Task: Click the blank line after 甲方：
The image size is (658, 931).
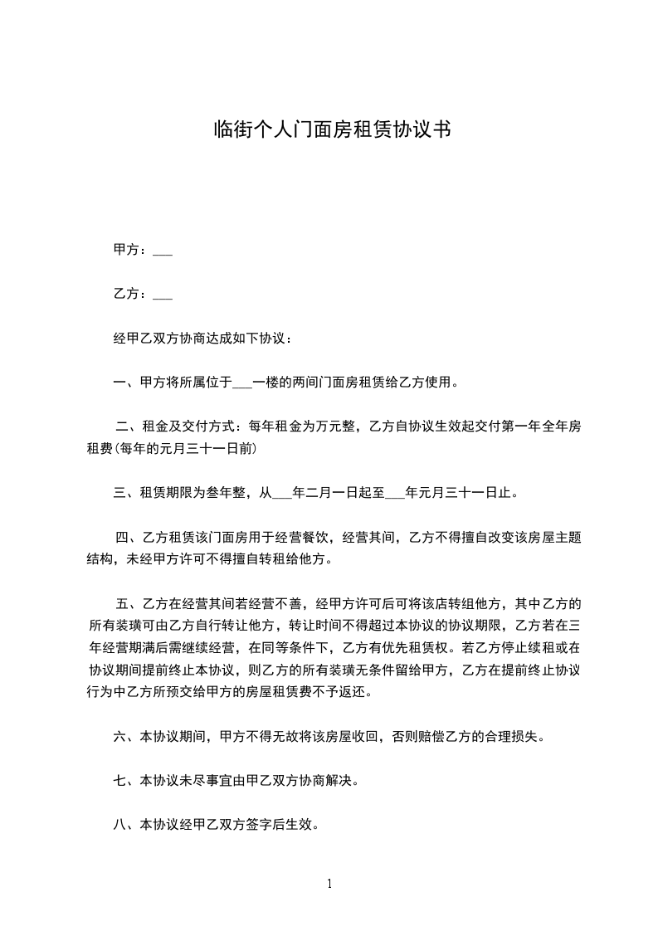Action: point(163,251)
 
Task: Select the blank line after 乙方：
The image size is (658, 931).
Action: point(163,295)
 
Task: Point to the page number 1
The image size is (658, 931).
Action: point(329,884)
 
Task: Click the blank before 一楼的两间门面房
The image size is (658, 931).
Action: point(243,383)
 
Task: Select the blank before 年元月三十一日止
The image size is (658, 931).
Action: point(394,494)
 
